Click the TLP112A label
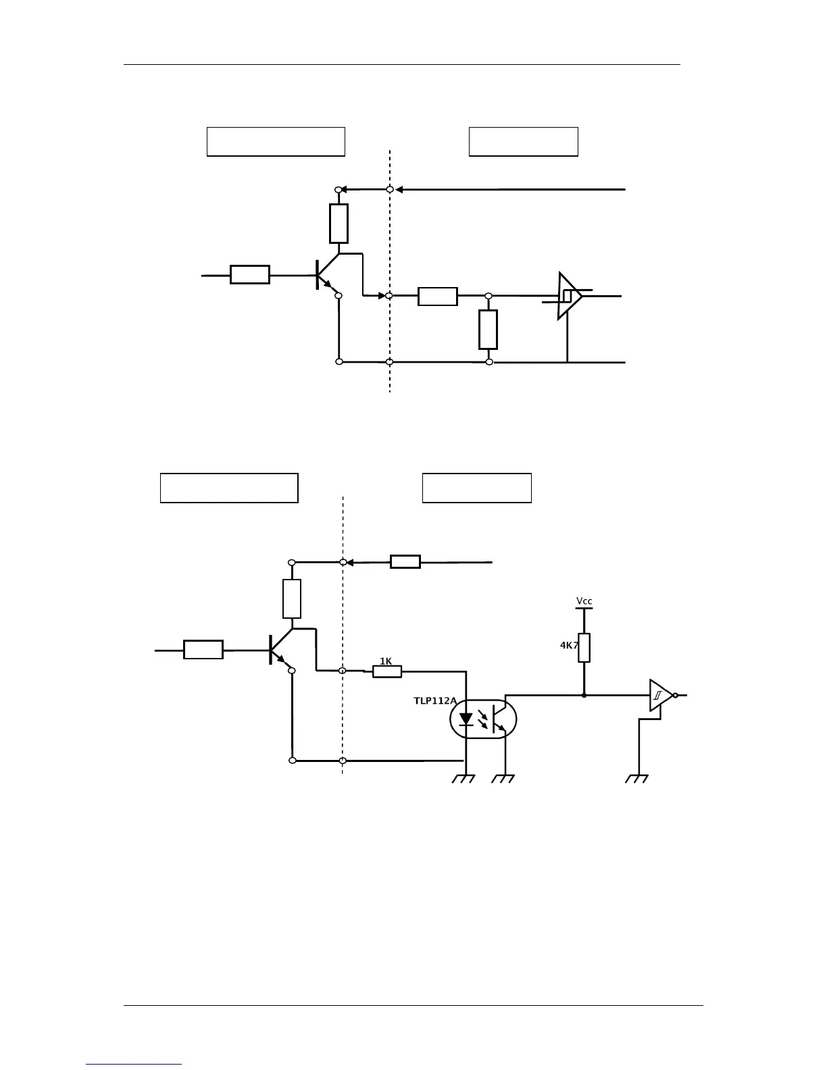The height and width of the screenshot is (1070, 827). point(434,701)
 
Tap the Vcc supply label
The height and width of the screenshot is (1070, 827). point(584,601)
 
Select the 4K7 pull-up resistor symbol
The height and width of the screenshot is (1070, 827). point(584,647)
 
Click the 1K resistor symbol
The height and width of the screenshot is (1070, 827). point(387,671)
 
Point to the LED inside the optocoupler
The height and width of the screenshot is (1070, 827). point(466,719)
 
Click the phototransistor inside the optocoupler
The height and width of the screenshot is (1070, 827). point(499,719)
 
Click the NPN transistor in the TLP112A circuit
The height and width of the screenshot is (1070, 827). point(279,650)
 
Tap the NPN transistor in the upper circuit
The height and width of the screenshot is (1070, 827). point(326,275)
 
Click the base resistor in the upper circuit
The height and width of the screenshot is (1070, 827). point(250,275)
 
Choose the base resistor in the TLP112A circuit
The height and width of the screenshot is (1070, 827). point(203,650)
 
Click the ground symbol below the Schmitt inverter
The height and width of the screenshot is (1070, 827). point(636,778)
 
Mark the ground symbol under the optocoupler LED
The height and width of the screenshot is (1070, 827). point(463,778)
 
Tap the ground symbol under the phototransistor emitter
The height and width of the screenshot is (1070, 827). point(503,778)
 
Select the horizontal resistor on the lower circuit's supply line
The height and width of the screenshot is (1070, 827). point(405,561)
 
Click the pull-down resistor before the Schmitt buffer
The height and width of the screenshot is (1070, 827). point(488,330)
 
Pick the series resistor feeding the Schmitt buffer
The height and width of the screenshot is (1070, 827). point(438,297)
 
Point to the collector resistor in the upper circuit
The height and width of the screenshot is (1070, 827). point(339,224)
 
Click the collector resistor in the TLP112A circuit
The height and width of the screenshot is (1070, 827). point(292,598)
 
